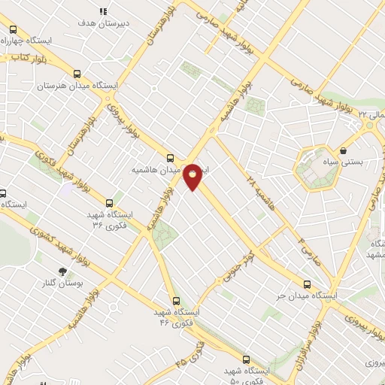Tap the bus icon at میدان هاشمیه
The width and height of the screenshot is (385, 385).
(x=170, y=159)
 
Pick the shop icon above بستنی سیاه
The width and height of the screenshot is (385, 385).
(x=343, y=150)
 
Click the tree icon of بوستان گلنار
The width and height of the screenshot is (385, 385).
(x=62, y=271)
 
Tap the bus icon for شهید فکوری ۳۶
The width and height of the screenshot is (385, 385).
(x=110, y=202)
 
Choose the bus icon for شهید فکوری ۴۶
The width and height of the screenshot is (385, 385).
(x=176, y=300)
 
